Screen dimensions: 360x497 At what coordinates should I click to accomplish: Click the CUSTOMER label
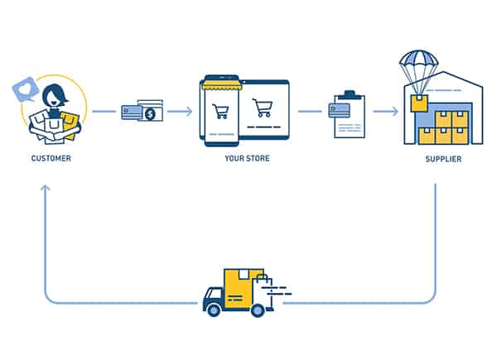(51, 158)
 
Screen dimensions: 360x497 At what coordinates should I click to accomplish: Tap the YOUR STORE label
(245, 158)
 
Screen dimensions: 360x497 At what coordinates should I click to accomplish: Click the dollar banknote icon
(150, 113)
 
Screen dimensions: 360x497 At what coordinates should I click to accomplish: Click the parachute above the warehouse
(417, 63)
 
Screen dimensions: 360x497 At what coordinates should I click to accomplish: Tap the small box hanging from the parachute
(418, 103)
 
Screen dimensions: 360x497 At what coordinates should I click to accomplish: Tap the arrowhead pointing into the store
(190, 111)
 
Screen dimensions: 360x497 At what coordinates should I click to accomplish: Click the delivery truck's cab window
(210, 291)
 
